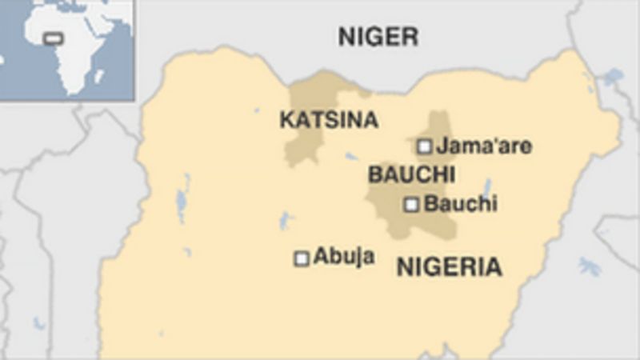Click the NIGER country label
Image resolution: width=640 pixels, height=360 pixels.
(378, 35)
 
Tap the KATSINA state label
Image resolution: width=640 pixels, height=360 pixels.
(328, 120)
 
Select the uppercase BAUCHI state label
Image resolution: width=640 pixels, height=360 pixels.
(411, 174)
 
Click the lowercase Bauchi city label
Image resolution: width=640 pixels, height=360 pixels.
(460, 204)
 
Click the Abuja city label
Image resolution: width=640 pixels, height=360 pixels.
(344, 257)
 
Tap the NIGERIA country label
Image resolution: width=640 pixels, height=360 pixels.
(449, 267)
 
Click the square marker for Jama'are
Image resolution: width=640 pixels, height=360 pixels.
(424, 146)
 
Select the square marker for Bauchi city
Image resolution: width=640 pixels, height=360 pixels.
(411, 205)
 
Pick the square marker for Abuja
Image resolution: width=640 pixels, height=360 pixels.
(302, 258)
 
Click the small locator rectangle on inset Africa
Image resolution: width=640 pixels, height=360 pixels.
(54, 38)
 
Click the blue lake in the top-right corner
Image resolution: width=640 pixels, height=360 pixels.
(613, 78)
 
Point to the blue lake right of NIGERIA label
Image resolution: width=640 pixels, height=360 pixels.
(590, 266)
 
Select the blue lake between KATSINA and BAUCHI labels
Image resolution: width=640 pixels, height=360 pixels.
(352, 156)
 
